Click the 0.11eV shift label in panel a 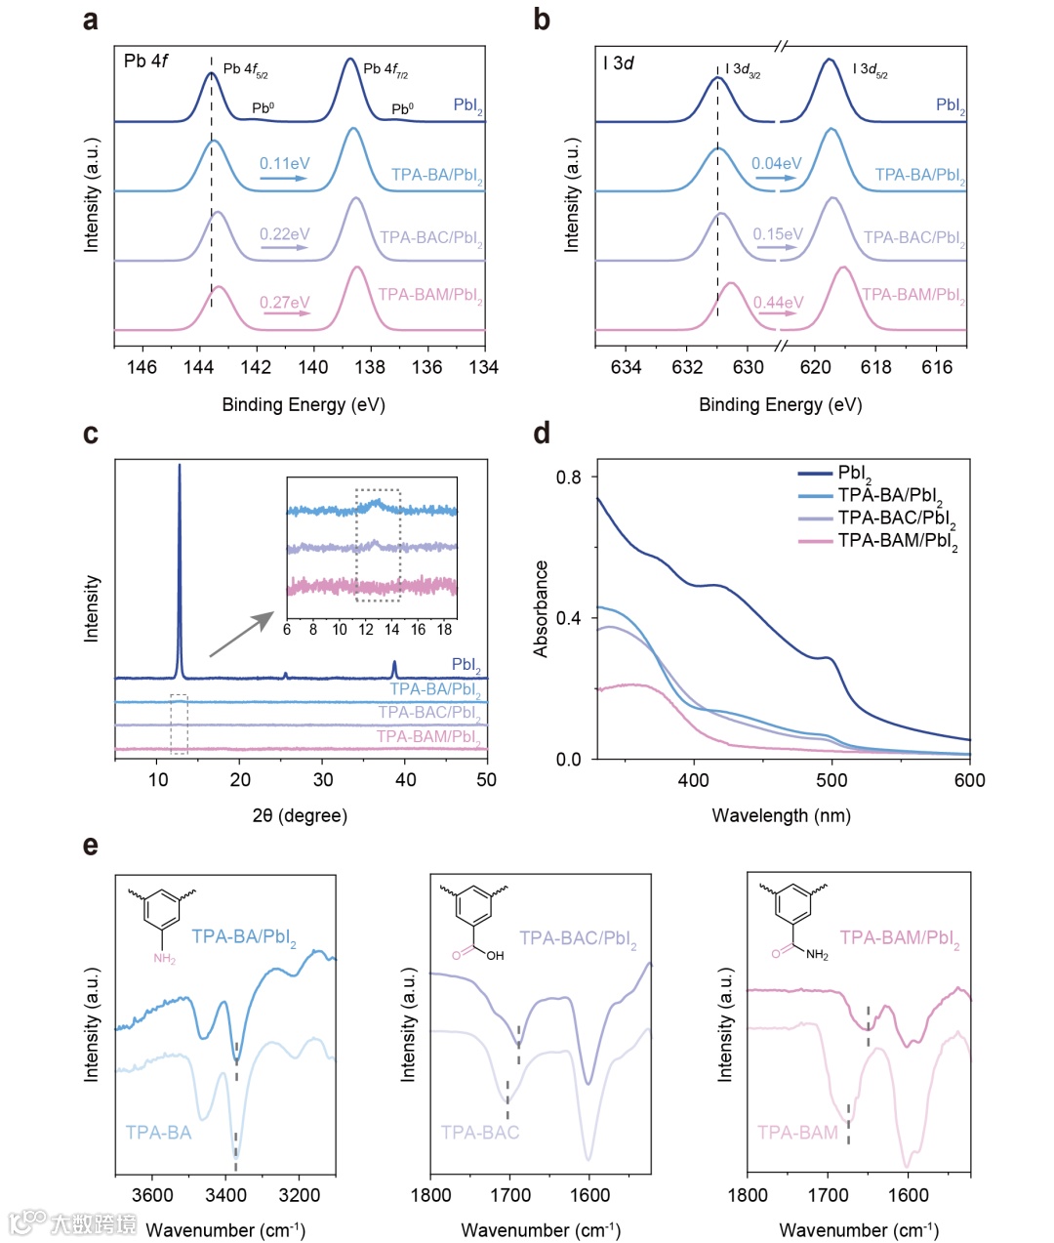point(284,164)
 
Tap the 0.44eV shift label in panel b point(778,303)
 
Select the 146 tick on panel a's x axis point(142,367)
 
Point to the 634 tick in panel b point(627,367)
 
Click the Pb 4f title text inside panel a point(146,62)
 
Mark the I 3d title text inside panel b point(619,64)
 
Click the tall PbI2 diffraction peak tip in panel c point(179,467)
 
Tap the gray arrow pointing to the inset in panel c point(242,635)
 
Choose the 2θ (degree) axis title point(300,815)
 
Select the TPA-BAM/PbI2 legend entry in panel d point(897,541)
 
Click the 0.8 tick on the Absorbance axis point(568,477)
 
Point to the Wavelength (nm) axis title point(781,815)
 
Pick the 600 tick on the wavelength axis point(969,780)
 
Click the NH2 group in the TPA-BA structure point(164,960)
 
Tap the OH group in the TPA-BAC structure point(495,955)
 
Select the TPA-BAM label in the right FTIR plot point(797,1133)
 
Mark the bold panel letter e point(91,845)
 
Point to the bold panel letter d point(543,433)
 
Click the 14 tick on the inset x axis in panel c point(391,630)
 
